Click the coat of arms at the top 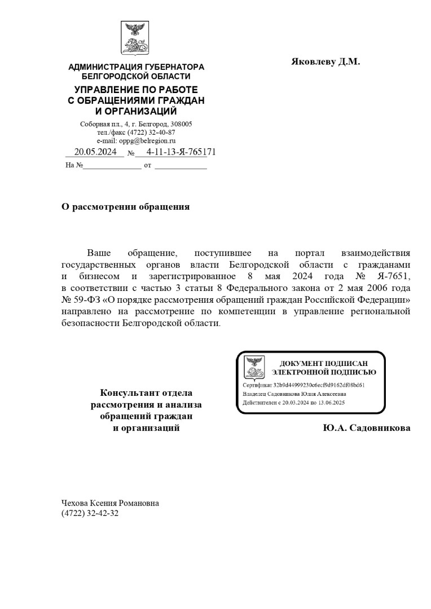point(135,38)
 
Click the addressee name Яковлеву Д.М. point(325,61)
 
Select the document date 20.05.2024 point(95,152)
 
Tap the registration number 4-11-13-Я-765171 point(181,152)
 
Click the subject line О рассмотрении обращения point(125,206)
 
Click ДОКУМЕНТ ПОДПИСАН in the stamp point(323,363)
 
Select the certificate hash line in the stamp point(304,385)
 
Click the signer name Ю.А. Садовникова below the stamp point(367,428)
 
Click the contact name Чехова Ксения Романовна point(110,503)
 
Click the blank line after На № point(112,166)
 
